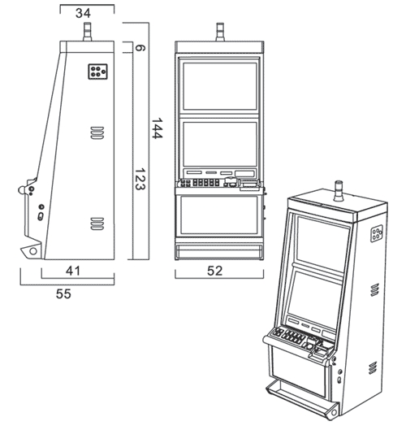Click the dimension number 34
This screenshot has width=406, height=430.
point(84,13)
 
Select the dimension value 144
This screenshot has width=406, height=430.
point(158,128)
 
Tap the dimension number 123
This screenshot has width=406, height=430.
point(140,180)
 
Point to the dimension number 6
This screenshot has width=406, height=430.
point(140,48)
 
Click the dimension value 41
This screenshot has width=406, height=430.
point(73,271)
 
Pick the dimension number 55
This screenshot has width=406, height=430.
point(63,293)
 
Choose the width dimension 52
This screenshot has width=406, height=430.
point(215,271)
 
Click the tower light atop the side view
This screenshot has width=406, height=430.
point(88,32)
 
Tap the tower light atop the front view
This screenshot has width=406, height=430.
point(220,32)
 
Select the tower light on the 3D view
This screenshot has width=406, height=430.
point(339,191)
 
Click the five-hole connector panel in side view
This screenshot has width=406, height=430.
point(97,72)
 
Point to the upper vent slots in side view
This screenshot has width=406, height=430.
point(97,132)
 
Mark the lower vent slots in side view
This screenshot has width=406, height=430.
point(97,224)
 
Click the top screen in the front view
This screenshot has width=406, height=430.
point(220,86)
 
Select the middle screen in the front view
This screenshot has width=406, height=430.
point(220,144)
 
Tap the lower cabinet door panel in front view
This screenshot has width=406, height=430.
point(219,215)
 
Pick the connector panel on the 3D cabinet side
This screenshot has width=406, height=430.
point(377,233)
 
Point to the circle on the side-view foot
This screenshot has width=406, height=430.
point(33,251)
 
